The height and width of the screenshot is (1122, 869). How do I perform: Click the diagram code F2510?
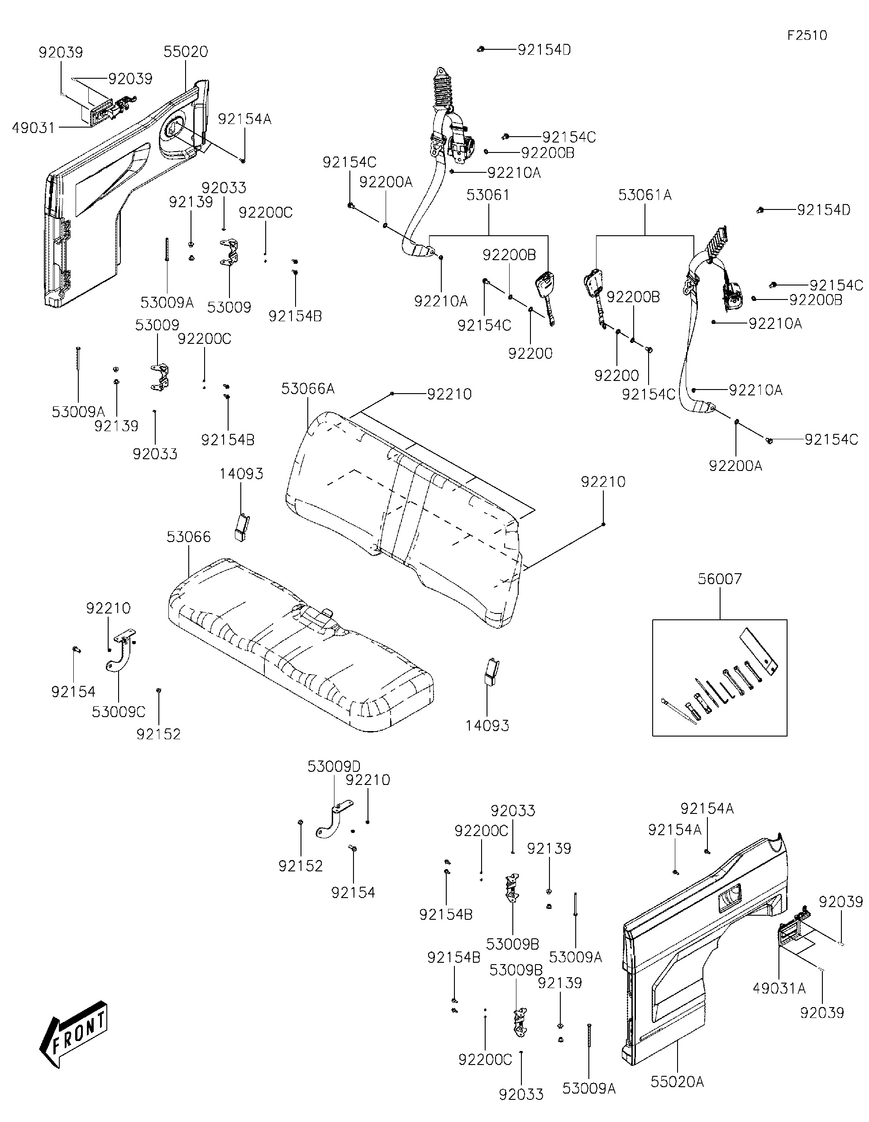tap(807, 35)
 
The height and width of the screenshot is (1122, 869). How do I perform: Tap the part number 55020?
tap(186, 52)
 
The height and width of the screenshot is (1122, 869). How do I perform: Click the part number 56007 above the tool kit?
tap(720, 579)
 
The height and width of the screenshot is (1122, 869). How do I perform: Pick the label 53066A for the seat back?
tap(307, 389)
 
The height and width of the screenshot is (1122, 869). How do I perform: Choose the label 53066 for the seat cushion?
tap(189, 537)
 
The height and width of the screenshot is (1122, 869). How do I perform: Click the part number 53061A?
tap(645, 195)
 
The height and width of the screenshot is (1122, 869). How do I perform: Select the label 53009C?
tap(119, 712)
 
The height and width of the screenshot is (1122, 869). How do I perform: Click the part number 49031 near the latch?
tap(33, 128)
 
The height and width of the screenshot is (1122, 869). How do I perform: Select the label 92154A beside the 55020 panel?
tap(244, 119)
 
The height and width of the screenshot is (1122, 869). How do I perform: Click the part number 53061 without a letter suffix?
tap(488, 195)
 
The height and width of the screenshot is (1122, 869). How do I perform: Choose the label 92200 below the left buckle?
tap(530, 353)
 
